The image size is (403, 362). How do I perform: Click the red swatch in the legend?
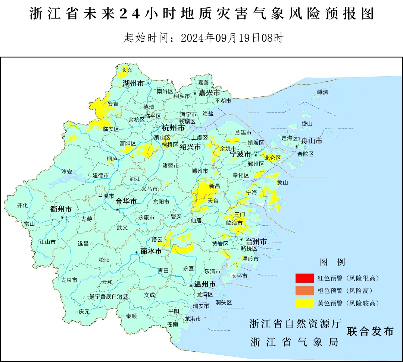(304, 278)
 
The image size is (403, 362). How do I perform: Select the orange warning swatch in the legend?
(304, 290)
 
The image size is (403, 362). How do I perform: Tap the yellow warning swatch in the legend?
(304, 303)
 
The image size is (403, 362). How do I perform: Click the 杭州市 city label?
(173, 128)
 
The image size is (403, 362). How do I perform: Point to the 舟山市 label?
(312, 141)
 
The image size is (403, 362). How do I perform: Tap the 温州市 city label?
(204, 285)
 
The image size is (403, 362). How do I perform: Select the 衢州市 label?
(60, 209)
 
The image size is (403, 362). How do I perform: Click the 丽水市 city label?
(151, 251)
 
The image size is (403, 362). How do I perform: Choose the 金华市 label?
(126, 201)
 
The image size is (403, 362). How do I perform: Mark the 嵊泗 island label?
(322, 92)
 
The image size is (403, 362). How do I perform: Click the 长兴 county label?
(127, 70)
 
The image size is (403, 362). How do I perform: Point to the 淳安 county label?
(66, 172)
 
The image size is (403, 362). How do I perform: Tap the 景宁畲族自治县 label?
(109, 296)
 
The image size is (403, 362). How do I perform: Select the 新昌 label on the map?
(215, 186)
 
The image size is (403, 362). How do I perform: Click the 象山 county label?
(283, 182)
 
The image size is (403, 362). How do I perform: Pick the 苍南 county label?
(173, 324)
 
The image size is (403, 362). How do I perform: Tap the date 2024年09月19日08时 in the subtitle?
(232, 38)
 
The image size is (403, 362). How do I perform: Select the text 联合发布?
(370, 331)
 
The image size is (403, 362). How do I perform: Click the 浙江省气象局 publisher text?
(294, 342)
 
